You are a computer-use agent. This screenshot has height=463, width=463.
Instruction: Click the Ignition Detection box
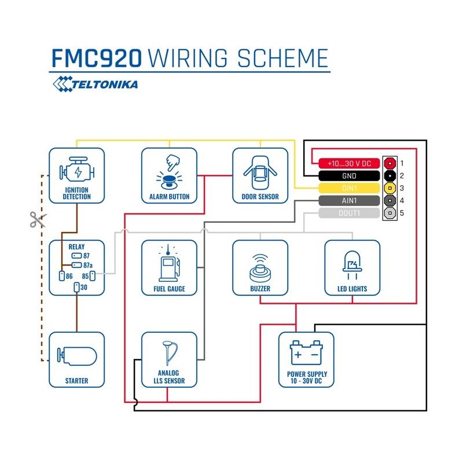coord(77,176)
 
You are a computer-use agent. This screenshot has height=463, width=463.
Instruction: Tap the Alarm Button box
coord(169,176)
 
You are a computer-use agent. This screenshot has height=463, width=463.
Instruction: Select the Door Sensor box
coord(260,176)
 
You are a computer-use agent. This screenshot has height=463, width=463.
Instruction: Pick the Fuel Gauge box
coord(169,268)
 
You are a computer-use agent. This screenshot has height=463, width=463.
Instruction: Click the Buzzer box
coord(260,268)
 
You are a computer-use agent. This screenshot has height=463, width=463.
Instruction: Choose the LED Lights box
coord(352,268)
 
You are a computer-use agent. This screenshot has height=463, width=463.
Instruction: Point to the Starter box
coord(77,359)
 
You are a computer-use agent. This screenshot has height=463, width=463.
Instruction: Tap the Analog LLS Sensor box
coord(169,359)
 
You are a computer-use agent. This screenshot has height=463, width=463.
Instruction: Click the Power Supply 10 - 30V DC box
coord(306,359)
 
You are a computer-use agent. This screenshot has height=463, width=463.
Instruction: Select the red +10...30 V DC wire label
coord(349,163)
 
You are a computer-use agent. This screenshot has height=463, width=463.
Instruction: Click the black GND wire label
coord(349,176)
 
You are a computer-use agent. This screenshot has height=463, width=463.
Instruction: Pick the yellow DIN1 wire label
coord(349,188)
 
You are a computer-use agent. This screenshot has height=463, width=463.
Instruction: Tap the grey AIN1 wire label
coord(349,201)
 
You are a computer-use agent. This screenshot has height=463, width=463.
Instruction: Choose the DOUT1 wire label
coord(349,214)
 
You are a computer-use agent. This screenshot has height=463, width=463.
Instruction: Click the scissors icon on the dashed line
coord(38,219)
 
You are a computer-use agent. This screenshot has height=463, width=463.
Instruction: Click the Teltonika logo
coord(95,85)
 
